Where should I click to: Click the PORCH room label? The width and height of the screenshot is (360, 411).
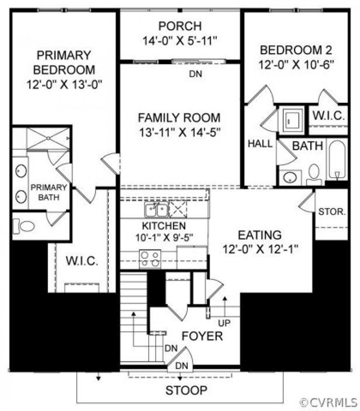coord(180,26)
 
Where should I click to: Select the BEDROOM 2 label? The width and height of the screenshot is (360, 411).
coord(296,50)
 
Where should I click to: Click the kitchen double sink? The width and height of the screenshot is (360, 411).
coord(156,209)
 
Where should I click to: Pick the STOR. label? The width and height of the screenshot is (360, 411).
coord(332,212)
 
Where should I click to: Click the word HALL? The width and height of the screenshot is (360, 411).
coord(260,144)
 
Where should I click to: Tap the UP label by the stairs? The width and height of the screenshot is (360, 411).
coord(224,323)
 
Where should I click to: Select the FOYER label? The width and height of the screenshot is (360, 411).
coord(202,336)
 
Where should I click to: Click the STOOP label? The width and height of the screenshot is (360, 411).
coord(186,390)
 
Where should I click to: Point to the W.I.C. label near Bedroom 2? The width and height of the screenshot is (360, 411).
coord(329,116)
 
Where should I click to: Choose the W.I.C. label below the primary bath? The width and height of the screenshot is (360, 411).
coord(82,261)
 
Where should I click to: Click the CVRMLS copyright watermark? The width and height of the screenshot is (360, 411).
coord(329,402)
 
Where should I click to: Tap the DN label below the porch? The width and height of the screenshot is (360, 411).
coord(196,74)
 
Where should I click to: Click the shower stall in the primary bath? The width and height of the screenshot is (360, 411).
coord(48,138)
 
